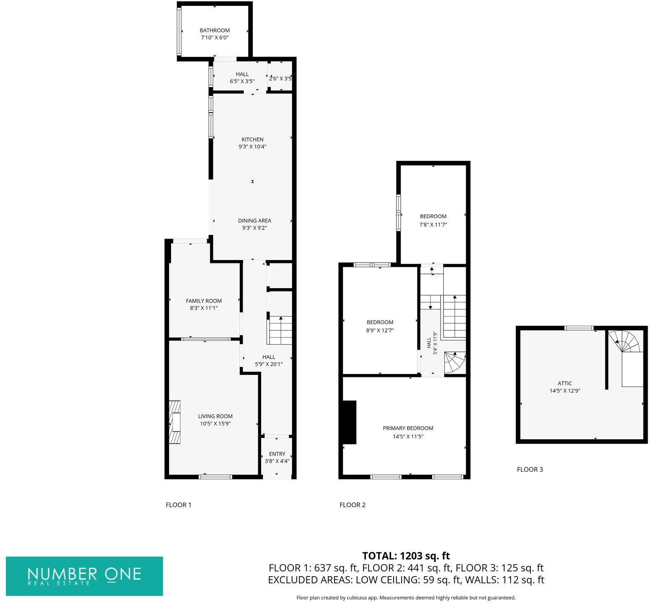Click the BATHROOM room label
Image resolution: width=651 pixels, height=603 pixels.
215,31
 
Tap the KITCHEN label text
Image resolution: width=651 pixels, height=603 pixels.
252,139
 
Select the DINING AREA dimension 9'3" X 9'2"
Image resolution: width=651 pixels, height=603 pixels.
254,228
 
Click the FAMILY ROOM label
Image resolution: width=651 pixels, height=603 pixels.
204,301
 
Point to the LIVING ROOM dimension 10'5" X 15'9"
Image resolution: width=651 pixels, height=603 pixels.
215,424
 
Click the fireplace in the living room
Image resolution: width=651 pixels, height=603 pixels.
175,422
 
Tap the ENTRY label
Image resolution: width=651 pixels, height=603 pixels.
277,454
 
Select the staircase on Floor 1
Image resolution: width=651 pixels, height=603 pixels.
280,330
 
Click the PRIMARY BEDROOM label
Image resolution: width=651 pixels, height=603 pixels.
408,428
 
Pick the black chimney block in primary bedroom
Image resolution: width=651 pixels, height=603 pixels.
350,422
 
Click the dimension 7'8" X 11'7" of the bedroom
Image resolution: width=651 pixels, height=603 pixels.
433,225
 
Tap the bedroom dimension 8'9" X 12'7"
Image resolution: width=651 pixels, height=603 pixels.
380,331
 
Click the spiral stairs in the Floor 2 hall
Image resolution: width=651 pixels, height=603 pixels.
454,362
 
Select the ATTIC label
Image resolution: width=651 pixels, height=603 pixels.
565,383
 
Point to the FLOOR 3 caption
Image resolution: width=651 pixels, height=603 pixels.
530,469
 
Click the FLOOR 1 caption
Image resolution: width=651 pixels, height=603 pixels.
179,505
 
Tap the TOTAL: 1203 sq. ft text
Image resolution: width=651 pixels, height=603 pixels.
406,556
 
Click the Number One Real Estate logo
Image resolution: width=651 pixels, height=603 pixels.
84,576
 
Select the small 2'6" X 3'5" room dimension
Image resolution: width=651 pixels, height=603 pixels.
280,78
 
